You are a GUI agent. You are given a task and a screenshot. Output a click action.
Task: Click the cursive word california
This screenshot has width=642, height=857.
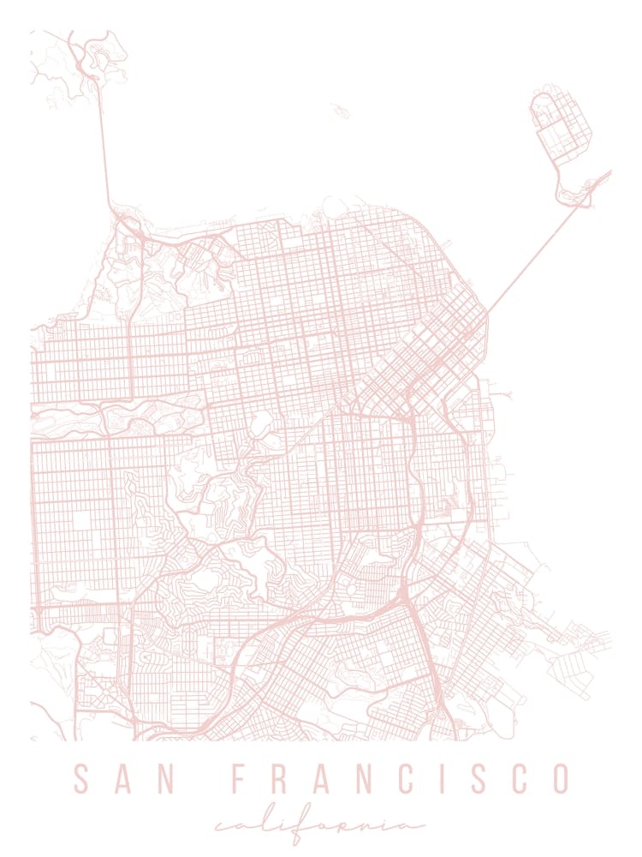pyautogui.click(x=319, y=824)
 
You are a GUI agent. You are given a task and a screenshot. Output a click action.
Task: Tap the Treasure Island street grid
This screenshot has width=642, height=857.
pyautogui.click(x=561, y=124)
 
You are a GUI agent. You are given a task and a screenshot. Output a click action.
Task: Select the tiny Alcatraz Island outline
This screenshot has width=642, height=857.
pyautogui.click(x=340, y=111)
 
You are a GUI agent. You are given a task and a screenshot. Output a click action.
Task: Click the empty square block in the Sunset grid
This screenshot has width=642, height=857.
pyautogui.click(x=83, y=521)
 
